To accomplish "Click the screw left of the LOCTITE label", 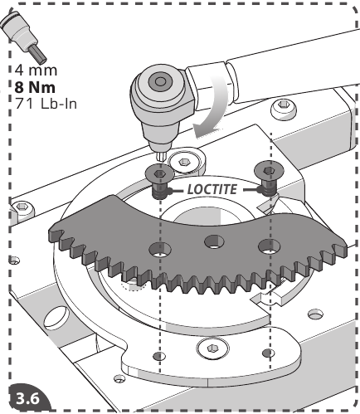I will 157,176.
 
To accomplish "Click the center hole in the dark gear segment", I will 213,241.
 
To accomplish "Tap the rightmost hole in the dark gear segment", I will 266,245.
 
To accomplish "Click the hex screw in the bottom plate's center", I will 213,354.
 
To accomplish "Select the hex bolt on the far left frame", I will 25,205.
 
